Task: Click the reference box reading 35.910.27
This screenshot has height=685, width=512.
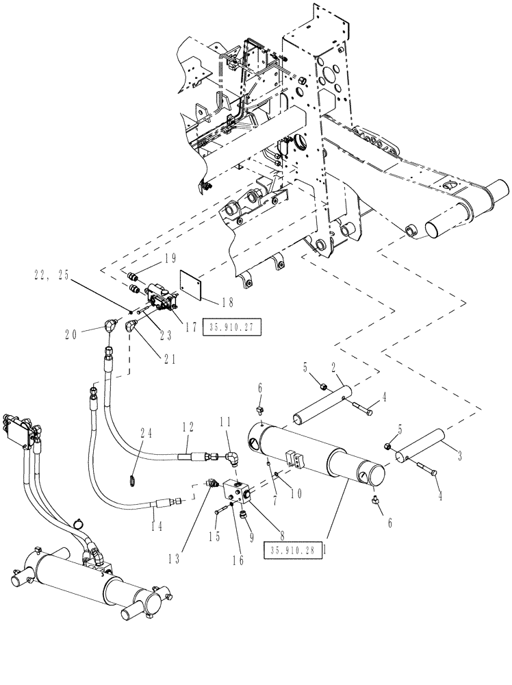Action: coord(228,327)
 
